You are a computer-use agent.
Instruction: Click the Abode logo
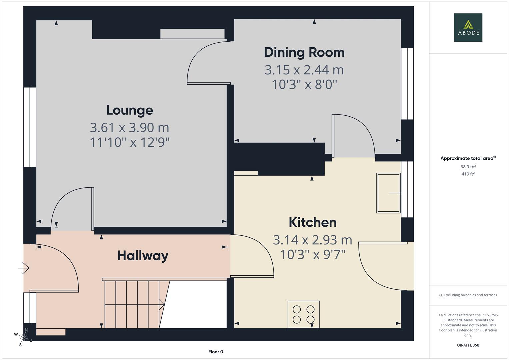tap(468, 27)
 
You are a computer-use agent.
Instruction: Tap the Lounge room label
tap(130, 110)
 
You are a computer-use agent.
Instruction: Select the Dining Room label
tap(304, 52)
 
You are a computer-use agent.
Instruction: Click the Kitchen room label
tap(312, 222)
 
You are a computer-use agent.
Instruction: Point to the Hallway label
tap(143, 256)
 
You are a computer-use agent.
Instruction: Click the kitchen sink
tap(388, 193)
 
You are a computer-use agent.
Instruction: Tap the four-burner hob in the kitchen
tap(303, 314)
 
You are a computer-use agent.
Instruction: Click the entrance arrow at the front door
tap(24, 268)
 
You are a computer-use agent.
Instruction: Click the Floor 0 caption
tap(216, 352)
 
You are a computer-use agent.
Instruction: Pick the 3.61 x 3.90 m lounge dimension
tap(129, 127)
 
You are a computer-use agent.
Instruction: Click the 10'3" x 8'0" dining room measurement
tap(304, 85)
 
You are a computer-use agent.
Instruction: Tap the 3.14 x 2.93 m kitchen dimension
tap(312, 240)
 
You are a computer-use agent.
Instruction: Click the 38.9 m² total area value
tap(468, 167)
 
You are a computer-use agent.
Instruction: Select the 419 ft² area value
tap(468, 174)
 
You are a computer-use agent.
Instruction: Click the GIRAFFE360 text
tap(468, 345)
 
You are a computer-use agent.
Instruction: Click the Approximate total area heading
tap(467, 158)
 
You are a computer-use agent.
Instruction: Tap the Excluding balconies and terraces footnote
tap(468, 295)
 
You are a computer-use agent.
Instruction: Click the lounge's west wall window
tap(30, 127)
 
